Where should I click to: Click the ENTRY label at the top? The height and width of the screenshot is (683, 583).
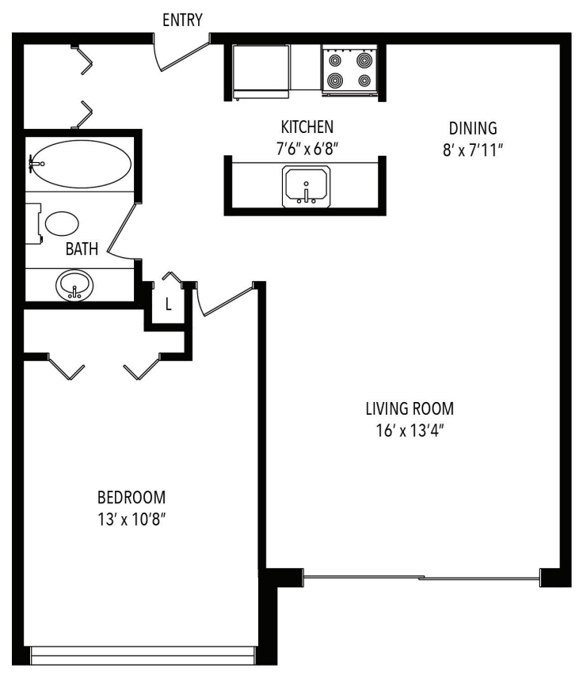[x=182, y=20]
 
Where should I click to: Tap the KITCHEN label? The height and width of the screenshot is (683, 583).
[x=307, y=127]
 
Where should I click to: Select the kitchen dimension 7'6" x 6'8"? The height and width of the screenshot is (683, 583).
[x=307, y=147]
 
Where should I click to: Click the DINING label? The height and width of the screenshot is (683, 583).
[x=472, y=127]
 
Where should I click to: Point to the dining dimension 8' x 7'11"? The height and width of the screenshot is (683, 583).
[x=474, y=148]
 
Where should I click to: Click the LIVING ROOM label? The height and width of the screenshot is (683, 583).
[x=410, y=409]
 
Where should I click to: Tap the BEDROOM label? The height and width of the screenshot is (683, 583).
[x=131, y=498]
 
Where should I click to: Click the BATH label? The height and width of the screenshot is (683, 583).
[x=82, y=249]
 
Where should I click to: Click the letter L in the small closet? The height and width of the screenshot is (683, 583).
[x=169, y=304]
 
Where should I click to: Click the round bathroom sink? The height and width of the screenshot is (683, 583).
[x=74, y=284]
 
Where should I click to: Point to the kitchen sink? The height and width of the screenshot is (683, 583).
[x=306, y=186]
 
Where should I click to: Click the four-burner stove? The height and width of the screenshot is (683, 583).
[x=349, y=70]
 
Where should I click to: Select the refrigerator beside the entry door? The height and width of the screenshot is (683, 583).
[x=261, y=70]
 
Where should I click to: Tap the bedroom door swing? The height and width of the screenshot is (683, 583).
[x=226, y=300]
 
